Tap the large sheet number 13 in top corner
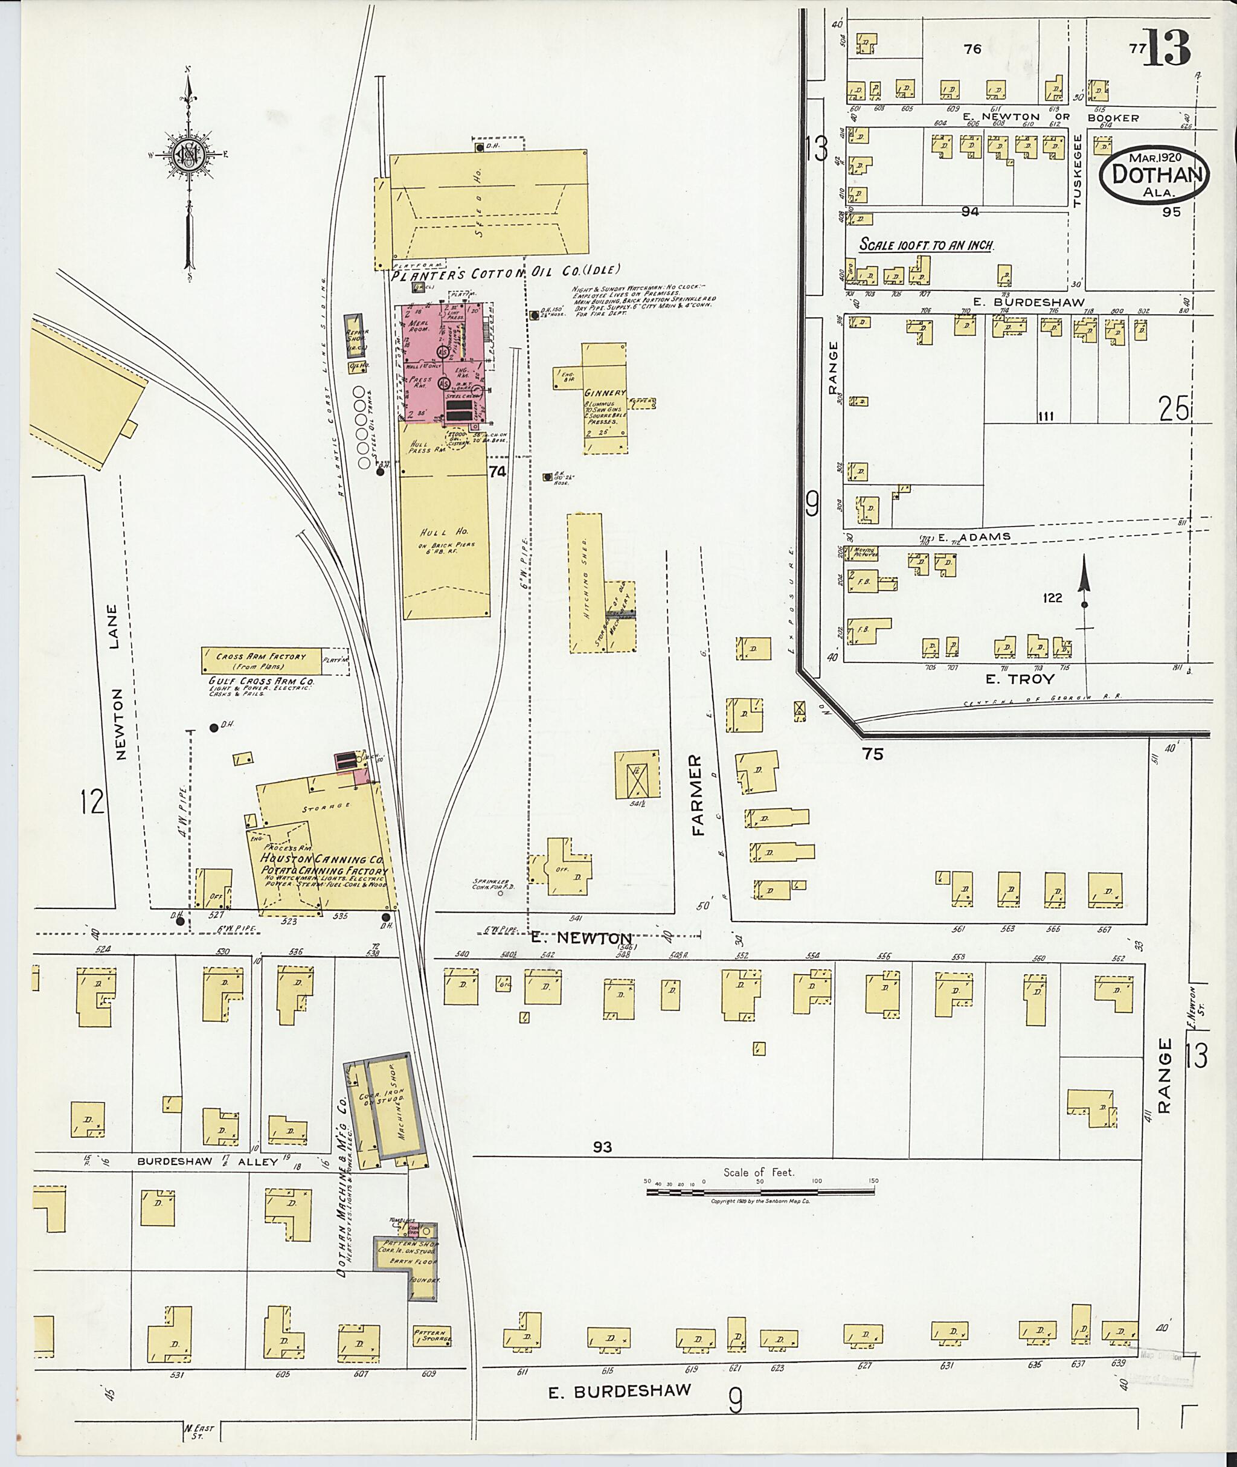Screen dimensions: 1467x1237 coord(1167,47)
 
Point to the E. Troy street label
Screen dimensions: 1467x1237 coord(1029,679)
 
